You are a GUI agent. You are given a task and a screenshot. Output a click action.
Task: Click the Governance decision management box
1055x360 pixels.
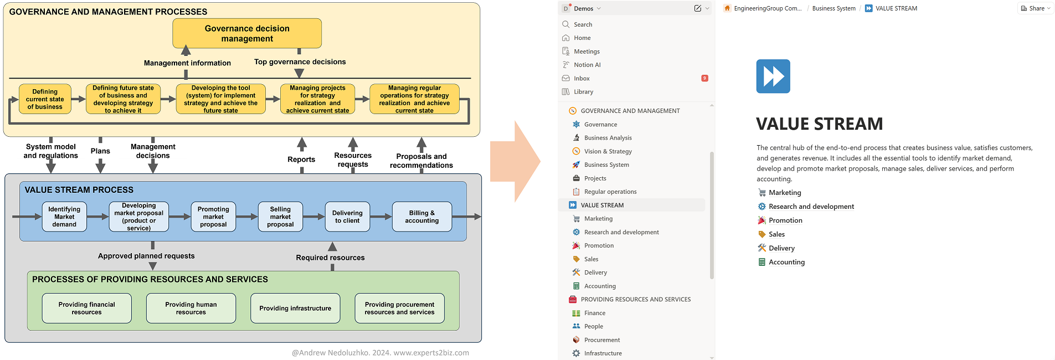click(247, 33)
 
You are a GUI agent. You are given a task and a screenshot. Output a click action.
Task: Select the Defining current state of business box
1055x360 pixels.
click(45, 99)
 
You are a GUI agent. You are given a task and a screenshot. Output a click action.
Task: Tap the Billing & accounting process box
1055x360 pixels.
click(421, 217)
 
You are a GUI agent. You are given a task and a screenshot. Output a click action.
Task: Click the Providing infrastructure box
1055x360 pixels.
click(295, 308)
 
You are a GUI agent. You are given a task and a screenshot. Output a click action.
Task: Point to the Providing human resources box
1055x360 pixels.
click(191, 308)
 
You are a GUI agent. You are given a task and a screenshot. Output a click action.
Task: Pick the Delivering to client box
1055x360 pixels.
click(347, 217)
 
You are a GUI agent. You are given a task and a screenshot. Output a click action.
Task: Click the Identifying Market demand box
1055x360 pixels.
click(64, 217)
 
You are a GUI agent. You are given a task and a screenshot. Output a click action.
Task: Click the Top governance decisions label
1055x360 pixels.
click(300, 62)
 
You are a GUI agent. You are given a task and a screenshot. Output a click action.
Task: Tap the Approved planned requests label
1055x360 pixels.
click(146, 256)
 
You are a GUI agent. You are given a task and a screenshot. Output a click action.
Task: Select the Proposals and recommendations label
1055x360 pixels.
click(421, 161)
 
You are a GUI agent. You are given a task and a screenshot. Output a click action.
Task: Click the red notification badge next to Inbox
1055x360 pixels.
click(704, 79)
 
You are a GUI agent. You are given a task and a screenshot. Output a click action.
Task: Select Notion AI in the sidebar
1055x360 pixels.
click(587, 65)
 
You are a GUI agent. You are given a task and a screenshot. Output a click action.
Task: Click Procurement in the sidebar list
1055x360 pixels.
click(602, 340)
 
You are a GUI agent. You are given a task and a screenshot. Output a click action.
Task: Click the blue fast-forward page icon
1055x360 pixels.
click(773, 76)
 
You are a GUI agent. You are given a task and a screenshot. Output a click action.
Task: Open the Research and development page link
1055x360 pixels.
click(811, 207)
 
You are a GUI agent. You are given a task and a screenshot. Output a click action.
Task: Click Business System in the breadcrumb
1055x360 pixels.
click(833, 8)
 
